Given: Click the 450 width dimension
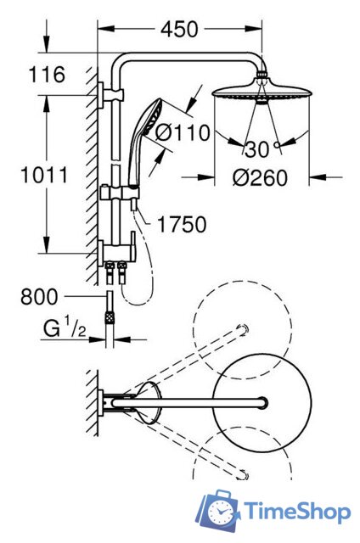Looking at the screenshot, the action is coord(179,30).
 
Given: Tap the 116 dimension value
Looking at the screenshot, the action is coord(47,74).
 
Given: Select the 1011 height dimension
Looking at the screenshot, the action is coord(44,175).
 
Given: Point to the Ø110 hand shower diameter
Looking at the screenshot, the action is coord(183,132).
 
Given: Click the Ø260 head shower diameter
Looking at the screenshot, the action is coord(260,177).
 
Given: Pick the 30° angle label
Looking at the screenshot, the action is coord(262,150).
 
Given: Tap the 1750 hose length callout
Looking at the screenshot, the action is coord(182,224).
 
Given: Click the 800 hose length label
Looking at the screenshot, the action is coord(39,297).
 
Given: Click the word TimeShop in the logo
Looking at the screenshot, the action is coord(297,512).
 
